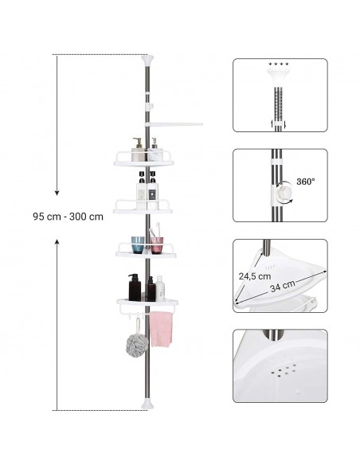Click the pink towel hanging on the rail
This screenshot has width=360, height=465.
[161, 329]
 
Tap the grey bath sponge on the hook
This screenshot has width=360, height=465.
[137, 346]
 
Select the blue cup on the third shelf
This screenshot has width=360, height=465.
[138, 244]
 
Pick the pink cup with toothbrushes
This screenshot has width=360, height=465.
[157, 245]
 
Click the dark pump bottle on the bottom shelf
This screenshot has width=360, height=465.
[135, 287]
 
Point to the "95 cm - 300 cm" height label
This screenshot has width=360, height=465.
[68, 217]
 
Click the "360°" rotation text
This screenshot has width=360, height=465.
[305, 182]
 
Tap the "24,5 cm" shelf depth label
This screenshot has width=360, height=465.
[255, 276]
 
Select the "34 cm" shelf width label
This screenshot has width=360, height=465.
[283, 286]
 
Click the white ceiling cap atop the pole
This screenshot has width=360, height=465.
[148, 61]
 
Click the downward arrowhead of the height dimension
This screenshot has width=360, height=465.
[57, 193]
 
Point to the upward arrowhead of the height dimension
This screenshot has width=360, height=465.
[57, 242]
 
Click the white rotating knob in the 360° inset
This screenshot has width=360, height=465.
[284, 192]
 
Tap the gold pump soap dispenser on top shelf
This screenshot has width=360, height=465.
[138, 150]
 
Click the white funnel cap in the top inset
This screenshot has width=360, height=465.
[279, 76]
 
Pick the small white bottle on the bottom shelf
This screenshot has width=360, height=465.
[160, 287]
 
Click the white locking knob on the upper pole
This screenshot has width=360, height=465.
[150, 106]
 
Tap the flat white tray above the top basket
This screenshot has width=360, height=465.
[174, 125]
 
